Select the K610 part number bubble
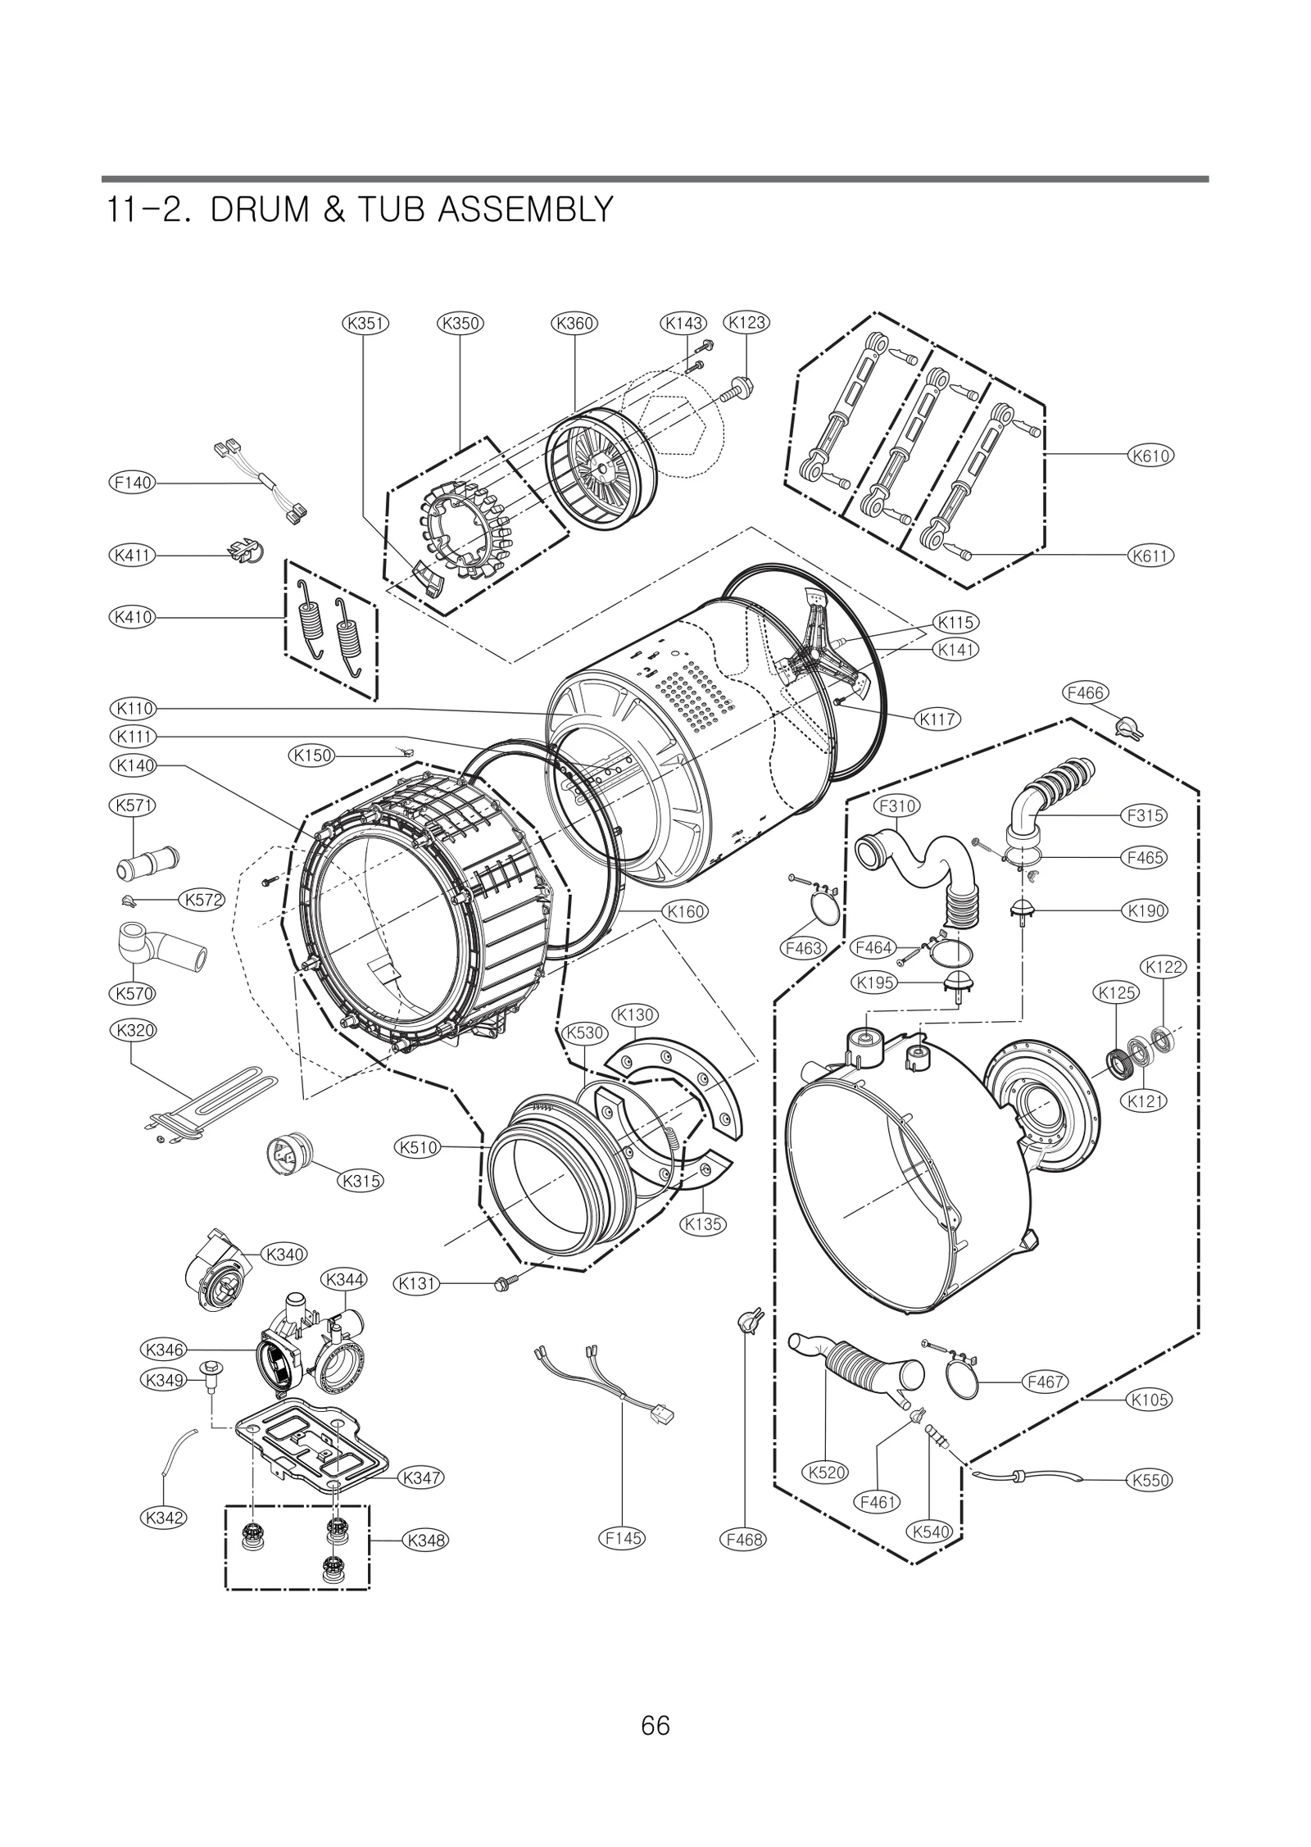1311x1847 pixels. coord(1150,455)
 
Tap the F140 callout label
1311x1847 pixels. coord(132,483)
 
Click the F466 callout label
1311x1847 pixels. coord(1086,692)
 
